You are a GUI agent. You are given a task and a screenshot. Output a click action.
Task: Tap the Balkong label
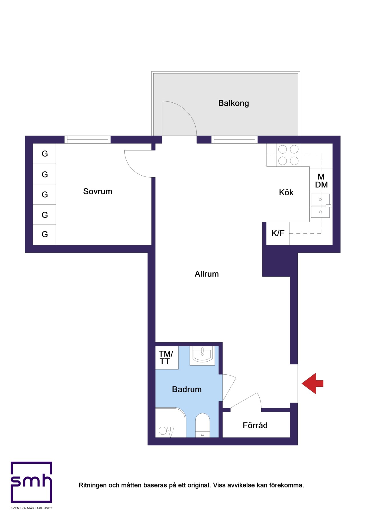tap(234, 103)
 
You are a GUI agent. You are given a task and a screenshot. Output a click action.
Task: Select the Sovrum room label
tap(98, 191)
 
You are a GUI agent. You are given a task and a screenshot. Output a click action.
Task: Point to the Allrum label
tap(207, 274)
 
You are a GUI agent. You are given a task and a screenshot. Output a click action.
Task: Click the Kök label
tap(286, 192)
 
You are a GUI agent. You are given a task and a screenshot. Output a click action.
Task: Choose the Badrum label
tap(187, 389)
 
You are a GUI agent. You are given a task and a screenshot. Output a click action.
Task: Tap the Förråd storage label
tap(255, 425)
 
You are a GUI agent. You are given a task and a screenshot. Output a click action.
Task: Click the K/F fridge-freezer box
tap(278, 233)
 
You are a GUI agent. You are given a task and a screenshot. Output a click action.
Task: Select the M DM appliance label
tap(321, 181)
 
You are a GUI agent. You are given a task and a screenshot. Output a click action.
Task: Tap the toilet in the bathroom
tap(202, 425)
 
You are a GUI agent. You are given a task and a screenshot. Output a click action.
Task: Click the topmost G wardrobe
tap(44, 154)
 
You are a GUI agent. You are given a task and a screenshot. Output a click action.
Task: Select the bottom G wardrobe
tap(44, 235)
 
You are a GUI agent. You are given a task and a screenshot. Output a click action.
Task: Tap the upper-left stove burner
tap(283, 149)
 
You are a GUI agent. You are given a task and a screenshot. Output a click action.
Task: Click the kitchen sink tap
tap(328, 206)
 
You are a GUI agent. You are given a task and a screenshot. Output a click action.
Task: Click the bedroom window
tap(87, 140)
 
